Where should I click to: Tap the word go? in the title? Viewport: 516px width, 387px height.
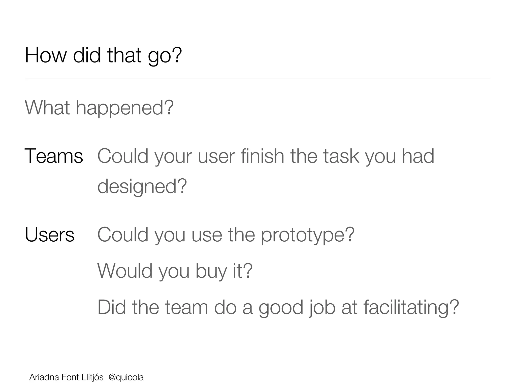(x=165, y=56)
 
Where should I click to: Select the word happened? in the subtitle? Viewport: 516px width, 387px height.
(x=125, y=108)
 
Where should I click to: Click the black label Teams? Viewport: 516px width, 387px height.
(x=54, y=156)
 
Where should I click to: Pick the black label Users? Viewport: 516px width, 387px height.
(x=50, y=235)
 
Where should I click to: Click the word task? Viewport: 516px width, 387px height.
(x=341, y=156)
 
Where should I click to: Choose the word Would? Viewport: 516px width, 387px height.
(x=125, y=271)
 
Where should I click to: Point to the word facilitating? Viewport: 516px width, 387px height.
(x=411, y=308)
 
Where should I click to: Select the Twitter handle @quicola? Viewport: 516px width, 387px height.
(x=126, y=377)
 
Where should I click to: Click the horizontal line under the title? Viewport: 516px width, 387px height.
(x=258, y=78)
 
